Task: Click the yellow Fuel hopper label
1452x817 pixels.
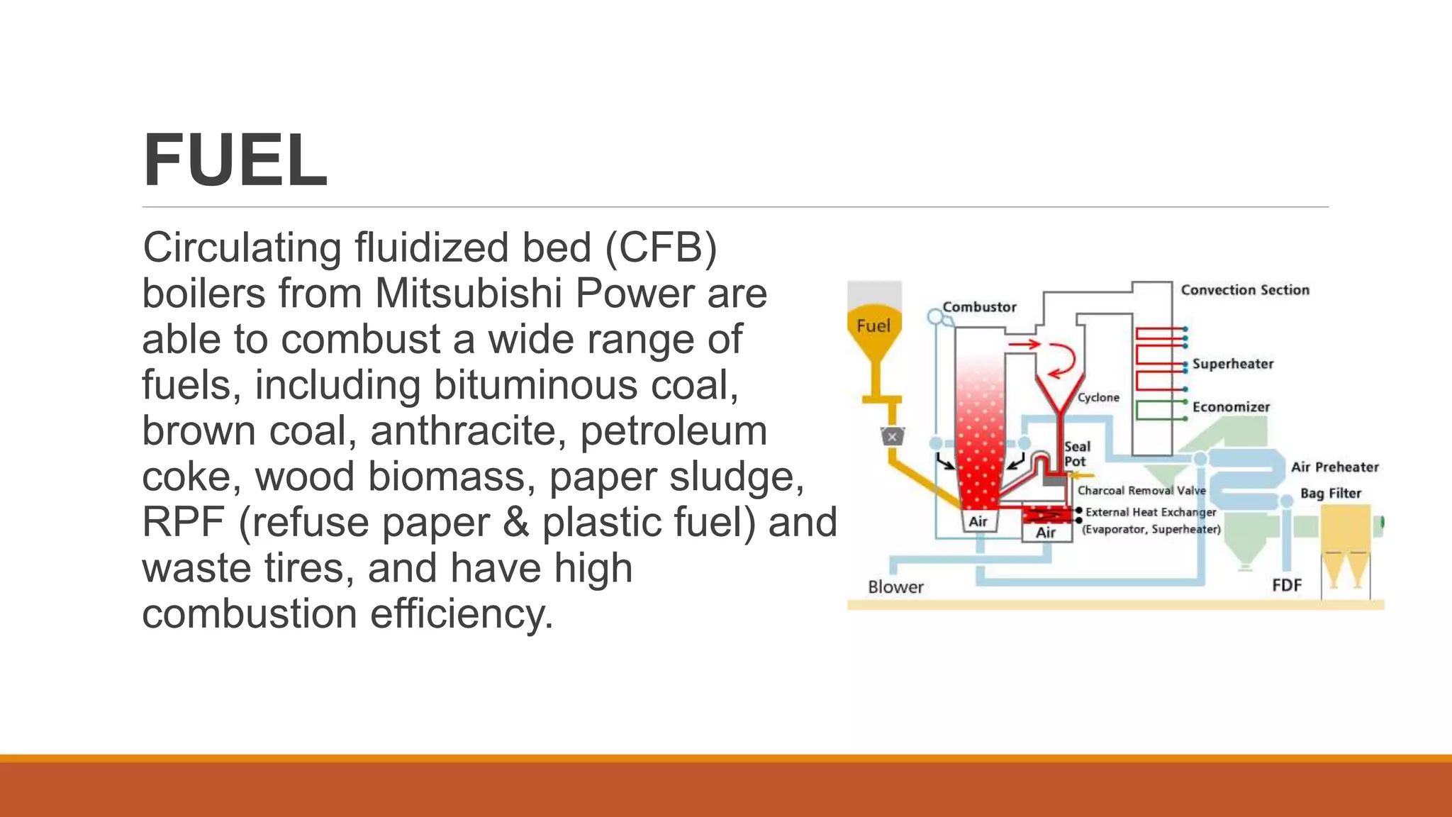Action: click(873, 326)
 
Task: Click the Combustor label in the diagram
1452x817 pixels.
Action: click(979, 307)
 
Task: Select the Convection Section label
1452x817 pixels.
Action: click(1245, 290)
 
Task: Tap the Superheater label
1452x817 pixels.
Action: click(1233, 364)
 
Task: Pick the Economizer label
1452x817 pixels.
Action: click(1231, 407)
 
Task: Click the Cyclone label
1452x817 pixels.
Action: click(1098, 398)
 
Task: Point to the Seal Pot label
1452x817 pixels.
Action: click(1076, 454)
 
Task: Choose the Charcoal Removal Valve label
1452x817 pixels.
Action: click(1141, 491)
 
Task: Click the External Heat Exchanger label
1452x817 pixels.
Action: click(1151, 512)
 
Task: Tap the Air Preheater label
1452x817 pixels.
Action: click(1334, 467)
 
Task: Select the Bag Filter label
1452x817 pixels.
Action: click(1331, 494)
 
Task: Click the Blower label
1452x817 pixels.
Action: click(895, 587)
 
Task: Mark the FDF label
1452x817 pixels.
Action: click(1287, 585)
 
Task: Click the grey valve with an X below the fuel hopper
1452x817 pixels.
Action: click(893, 437)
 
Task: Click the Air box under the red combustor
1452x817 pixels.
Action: click(978, 522)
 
